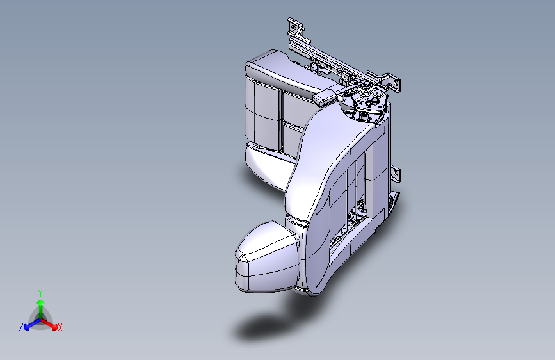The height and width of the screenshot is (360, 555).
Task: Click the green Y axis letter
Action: [40, 291]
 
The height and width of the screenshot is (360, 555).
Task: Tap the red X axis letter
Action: [60, 327]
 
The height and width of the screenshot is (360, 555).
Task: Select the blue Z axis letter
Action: [21, 327]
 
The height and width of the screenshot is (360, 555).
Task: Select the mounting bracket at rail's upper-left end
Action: [296, 28]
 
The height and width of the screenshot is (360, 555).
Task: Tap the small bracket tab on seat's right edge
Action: [396, 172]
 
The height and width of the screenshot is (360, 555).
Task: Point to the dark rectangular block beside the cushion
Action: [325, 97]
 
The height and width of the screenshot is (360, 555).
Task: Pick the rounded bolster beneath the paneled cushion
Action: [266, 165]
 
